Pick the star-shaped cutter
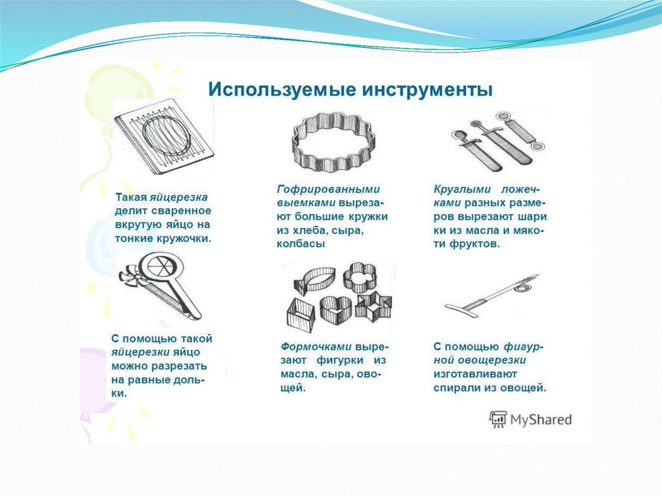tap(374, 305)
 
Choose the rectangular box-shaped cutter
tap(301, 315)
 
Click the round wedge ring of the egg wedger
tap(159, 267)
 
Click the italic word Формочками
tap(316, 347)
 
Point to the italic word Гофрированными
tap(328, 189)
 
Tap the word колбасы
tap(301, 244)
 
